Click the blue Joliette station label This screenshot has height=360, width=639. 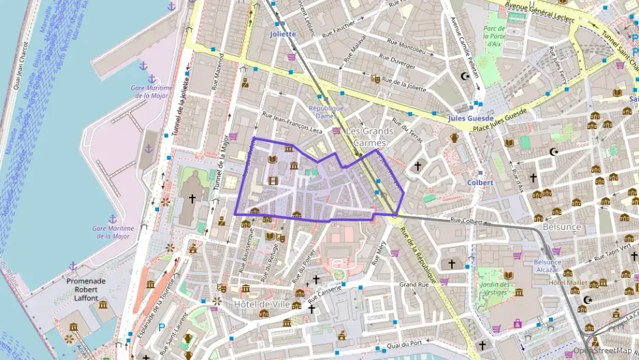(283, 33)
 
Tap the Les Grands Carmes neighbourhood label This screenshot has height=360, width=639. (369, 136)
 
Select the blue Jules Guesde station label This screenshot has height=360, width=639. (471, 117)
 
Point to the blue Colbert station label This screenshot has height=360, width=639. (480, 182)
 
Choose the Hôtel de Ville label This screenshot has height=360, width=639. (261, 303)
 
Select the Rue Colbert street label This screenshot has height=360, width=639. (467, 221)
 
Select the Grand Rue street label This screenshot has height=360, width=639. (413, 284)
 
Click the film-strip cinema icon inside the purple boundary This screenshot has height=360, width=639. (274, 180)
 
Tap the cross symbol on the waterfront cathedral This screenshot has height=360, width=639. (192, 199)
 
